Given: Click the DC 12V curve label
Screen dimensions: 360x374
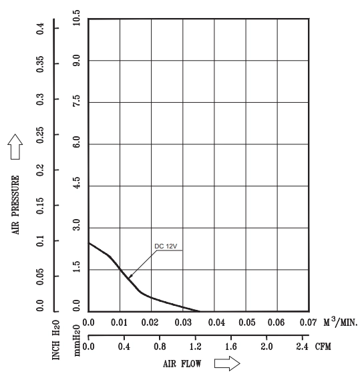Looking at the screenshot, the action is pos(166,246).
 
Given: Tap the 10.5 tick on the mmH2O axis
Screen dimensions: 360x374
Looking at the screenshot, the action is pos(76,18).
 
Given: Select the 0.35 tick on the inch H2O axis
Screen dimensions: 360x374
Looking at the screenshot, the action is pos(40,64).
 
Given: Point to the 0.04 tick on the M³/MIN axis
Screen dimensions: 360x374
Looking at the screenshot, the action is pos(216,323).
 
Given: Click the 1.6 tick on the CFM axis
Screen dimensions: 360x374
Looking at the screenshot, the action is pos(231,347).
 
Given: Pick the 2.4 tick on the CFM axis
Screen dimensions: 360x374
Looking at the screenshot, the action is pos(303,347).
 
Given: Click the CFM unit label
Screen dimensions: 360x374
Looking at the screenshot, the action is pos(323,347).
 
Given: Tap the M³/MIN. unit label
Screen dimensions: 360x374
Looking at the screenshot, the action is pos(341,322).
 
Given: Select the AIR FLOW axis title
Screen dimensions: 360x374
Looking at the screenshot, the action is pos(182,364).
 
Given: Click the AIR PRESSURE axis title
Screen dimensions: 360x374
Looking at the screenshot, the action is pos(15,205).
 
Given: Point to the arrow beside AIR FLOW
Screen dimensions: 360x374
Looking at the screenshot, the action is pos(227,363).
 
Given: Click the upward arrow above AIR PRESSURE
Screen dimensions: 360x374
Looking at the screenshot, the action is pos(15,147).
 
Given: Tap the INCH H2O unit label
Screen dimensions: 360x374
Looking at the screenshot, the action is pos(56,340).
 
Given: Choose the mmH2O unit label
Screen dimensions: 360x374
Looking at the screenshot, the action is pos(76,341).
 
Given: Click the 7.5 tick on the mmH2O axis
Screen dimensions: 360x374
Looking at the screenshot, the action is pos(76,101).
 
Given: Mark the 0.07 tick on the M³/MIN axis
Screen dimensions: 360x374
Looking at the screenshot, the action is pos(308,323).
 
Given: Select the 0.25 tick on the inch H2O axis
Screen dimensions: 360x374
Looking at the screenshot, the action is pos(40,135).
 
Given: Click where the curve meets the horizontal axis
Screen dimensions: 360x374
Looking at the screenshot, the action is pos(200,311).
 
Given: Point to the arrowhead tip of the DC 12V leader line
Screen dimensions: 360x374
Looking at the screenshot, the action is pos(129,278).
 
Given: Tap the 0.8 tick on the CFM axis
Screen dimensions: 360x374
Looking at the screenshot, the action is pos(160,347).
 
